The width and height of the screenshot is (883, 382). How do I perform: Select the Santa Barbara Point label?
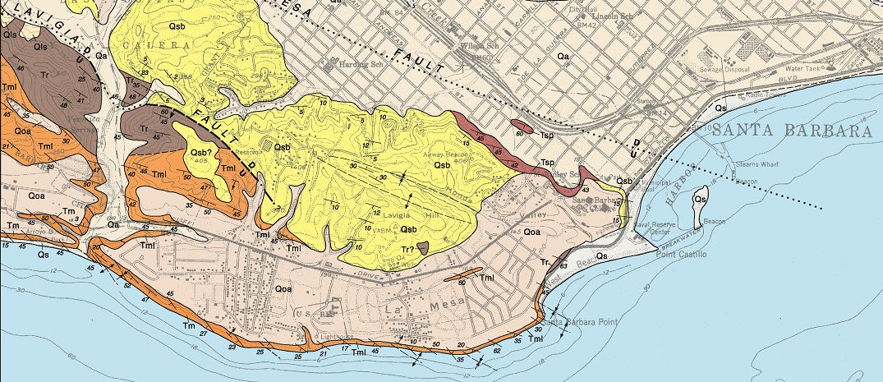(x=577, y=321)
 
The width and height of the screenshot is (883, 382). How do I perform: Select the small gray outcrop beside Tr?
(x=422, y=246)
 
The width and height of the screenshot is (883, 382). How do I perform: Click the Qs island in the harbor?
(x=700, y=205)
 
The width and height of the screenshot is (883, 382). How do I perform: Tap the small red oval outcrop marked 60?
(x=522, y=127)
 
